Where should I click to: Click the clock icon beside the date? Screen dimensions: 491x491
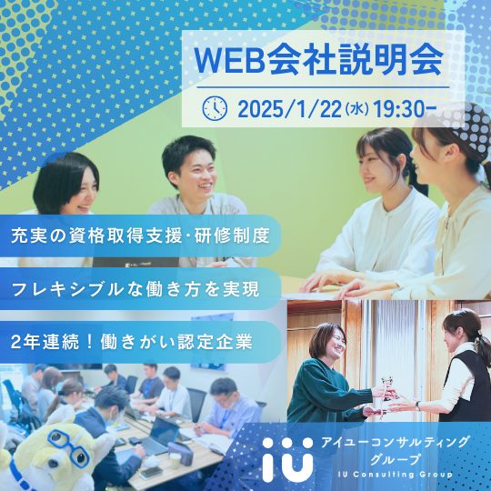pyautogui.click(x=215, y=108)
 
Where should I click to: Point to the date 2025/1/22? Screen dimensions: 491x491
pyautogui.click(x=289, y=109)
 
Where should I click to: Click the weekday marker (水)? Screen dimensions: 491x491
pyautogui.click(x=357, y=110)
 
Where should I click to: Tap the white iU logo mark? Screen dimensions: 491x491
pyautogui.click(x=287, y=458)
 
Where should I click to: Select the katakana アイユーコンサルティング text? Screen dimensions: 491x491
pyautogui.click(x=395, y=443)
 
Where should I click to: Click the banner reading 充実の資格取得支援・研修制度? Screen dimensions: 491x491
pyautogui.click(x=140, y=235)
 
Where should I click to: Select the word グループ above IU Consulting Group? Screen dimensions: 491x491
pyautogui.click(x=395, y=460)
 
